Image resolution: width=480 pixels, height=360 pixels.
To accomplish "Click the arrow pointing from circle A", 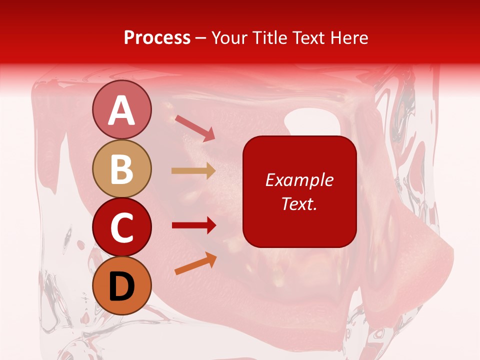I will (195, 128).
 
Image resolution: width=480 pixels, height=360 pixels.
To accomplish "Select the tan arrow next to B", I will (193, 171).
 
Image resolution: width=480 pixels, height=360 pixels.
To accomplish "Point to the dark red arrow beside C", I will (194, 225).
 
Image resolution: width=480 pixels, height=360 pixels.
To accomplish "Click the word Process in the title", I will (157, 38).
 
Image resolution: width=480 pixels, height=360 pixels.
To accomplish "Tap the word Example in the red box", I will (299, 180).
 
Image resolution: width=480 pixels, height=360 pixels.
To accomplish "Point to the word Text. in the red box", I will (299, 203).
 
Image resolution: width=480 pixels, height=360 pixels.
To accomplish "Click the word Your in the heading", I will (229, 38).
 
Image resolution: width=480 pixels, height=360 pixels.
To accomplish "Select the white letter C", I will (121, 228).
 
